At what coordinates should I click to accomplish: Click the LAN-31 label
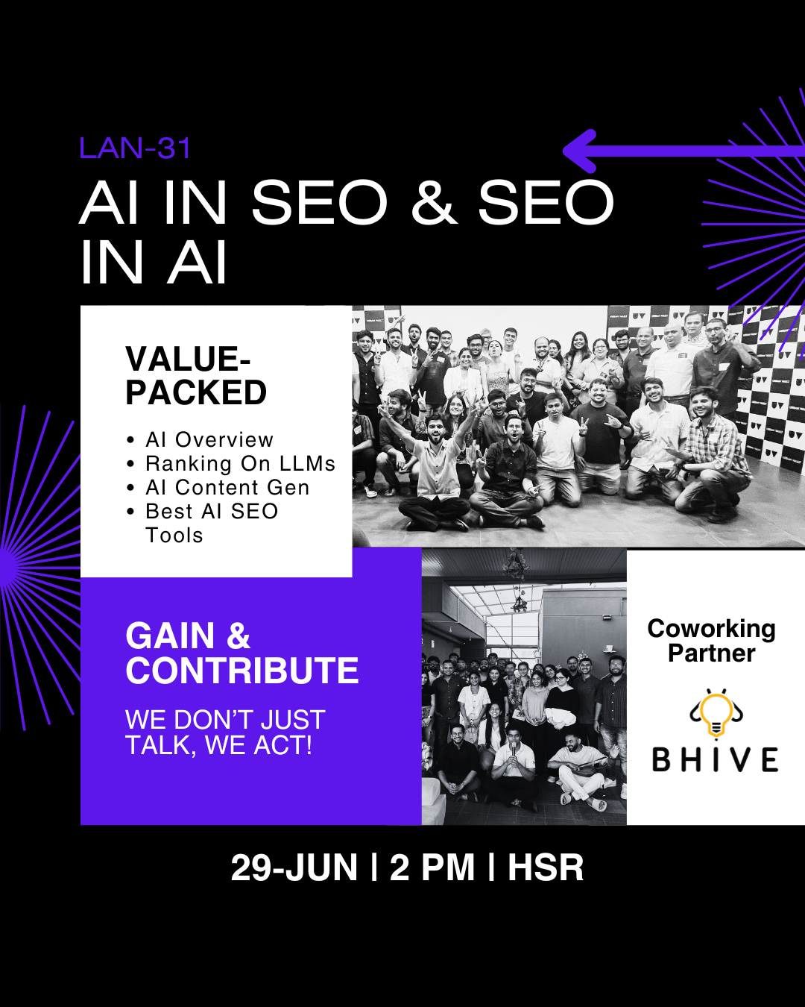[135, 148]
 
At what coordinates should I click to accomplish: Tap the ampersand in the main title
[434, 202]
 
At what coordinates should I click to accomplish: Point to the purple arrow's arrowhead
[580, 151]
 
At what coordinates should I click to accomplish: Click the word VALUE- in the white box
[188, 359]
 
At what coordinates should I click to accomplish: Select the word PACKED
[196, 392]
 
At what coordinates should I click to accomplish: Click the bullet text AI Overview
[209, 440]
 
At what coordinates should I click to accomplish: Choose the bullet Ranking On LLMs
[241, 464]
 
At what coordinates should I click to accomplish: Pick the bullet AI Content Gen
[227, 488]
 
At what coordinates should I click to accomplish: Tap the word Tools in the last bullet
[174, 536]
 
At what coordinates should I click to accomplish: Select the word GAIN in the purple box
[170, 636]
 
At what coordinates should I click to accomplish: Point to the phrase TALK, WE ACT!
[218, 745]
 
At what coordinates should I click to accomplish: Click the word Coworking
[711, 628]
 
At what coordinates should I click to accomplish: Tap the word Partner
[711, 653]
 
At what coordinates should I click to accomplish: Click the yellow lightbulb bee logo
[716, 715]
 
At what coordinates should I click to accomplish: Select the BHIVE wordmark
[716, 759]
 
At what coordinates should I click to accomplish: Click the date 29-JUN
[294, 868]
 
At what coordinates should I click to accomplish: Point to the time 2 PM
[432, 868]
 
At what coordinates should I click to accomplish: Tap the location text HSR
[546, 868]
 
